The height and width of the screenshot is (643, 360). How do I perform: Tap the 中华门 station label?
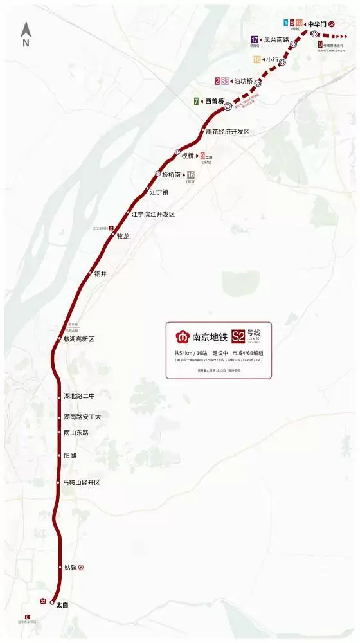[x=318, y=24]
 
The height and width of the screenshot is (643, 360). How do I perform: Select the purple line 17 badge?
[x=255, y=39]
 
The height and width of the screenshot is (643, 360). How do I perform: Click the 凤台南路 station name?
[x=276, y=40]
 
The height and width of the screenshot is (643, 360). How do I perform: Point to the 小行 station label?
[x=272, y=60]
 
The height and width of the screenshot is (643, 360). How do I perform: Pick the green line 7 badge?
[x=195, y=102]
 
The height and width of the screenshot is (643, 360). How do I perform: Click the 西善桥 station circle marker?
[x=228, y=107]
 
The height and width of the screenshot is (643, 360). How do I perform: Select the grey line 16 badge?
[x=190, y=175]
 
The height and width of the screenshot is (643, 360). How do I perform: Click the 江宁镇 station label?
[x=159, y=192]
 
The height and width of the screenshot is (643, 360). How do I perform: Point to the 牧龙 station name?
[x=123, y=236]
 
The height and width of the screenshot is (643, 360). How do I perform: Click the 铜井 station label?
[x=100, y=274]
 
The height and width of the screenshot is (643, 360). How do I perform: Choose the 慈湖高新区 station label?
[x=79, y=339]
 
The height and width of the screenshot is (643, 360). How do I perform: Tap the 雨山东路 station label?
[x=76, y=433]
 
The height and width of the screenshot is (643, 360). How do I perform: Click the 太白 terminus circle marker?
[x=52, y=602]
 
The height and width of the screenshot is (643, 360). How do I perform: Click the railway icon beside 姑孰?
[x=82, y=568]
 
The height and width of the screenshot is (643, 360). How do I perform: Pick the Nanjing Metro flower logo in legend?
[x=183, y=336]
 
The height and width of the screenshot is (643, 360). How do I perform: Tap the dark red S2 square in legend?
[x=239, y=335]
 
